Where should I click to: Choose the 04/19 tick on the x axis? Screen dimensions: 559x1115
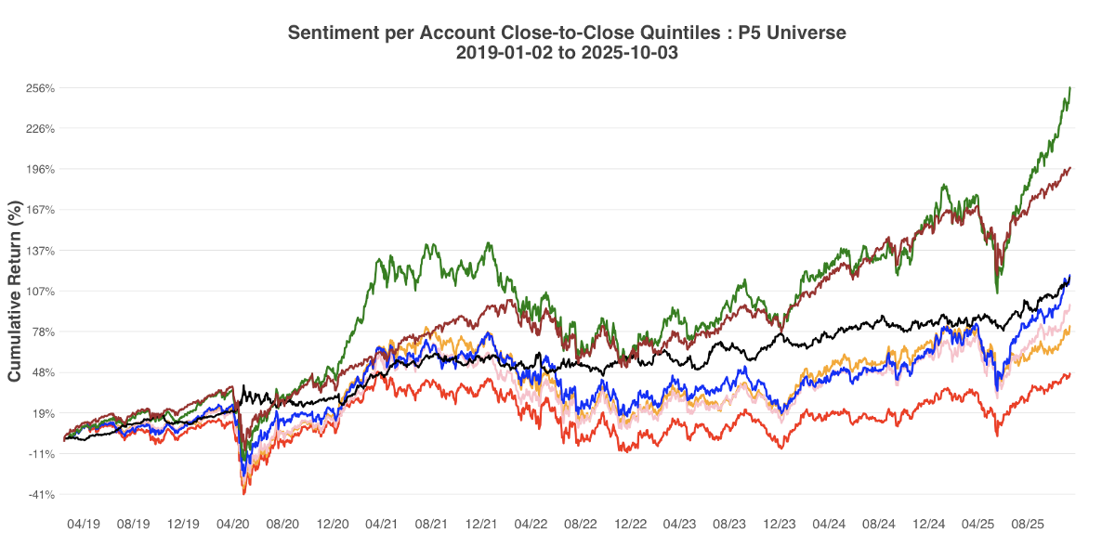(84, 525)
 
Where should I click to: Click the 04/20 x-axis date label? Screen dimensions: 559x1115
(233, 525)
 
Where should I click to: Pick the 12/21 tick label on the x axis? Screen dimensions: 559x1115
(481, 525)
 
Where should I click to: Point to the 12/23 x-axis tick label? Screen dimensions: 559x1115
(779, 525)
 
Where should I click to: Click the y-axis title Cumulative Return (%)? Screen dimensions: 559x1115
(15, 292)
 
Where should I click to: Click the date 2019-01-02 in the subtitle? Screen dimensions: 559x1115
(503, 53)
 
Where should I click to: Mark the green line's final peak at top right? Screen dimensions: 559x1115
(1070, 87)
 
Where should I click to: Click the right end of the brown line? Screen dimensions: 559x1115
(1070, 168)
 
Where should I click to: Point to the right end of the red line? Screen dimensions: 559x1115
(1070, 374)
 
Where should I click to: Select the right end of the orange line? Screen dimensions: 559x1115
(1070, 328)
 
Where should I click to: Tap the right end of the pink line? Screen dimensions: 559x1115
(1070, 305)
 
